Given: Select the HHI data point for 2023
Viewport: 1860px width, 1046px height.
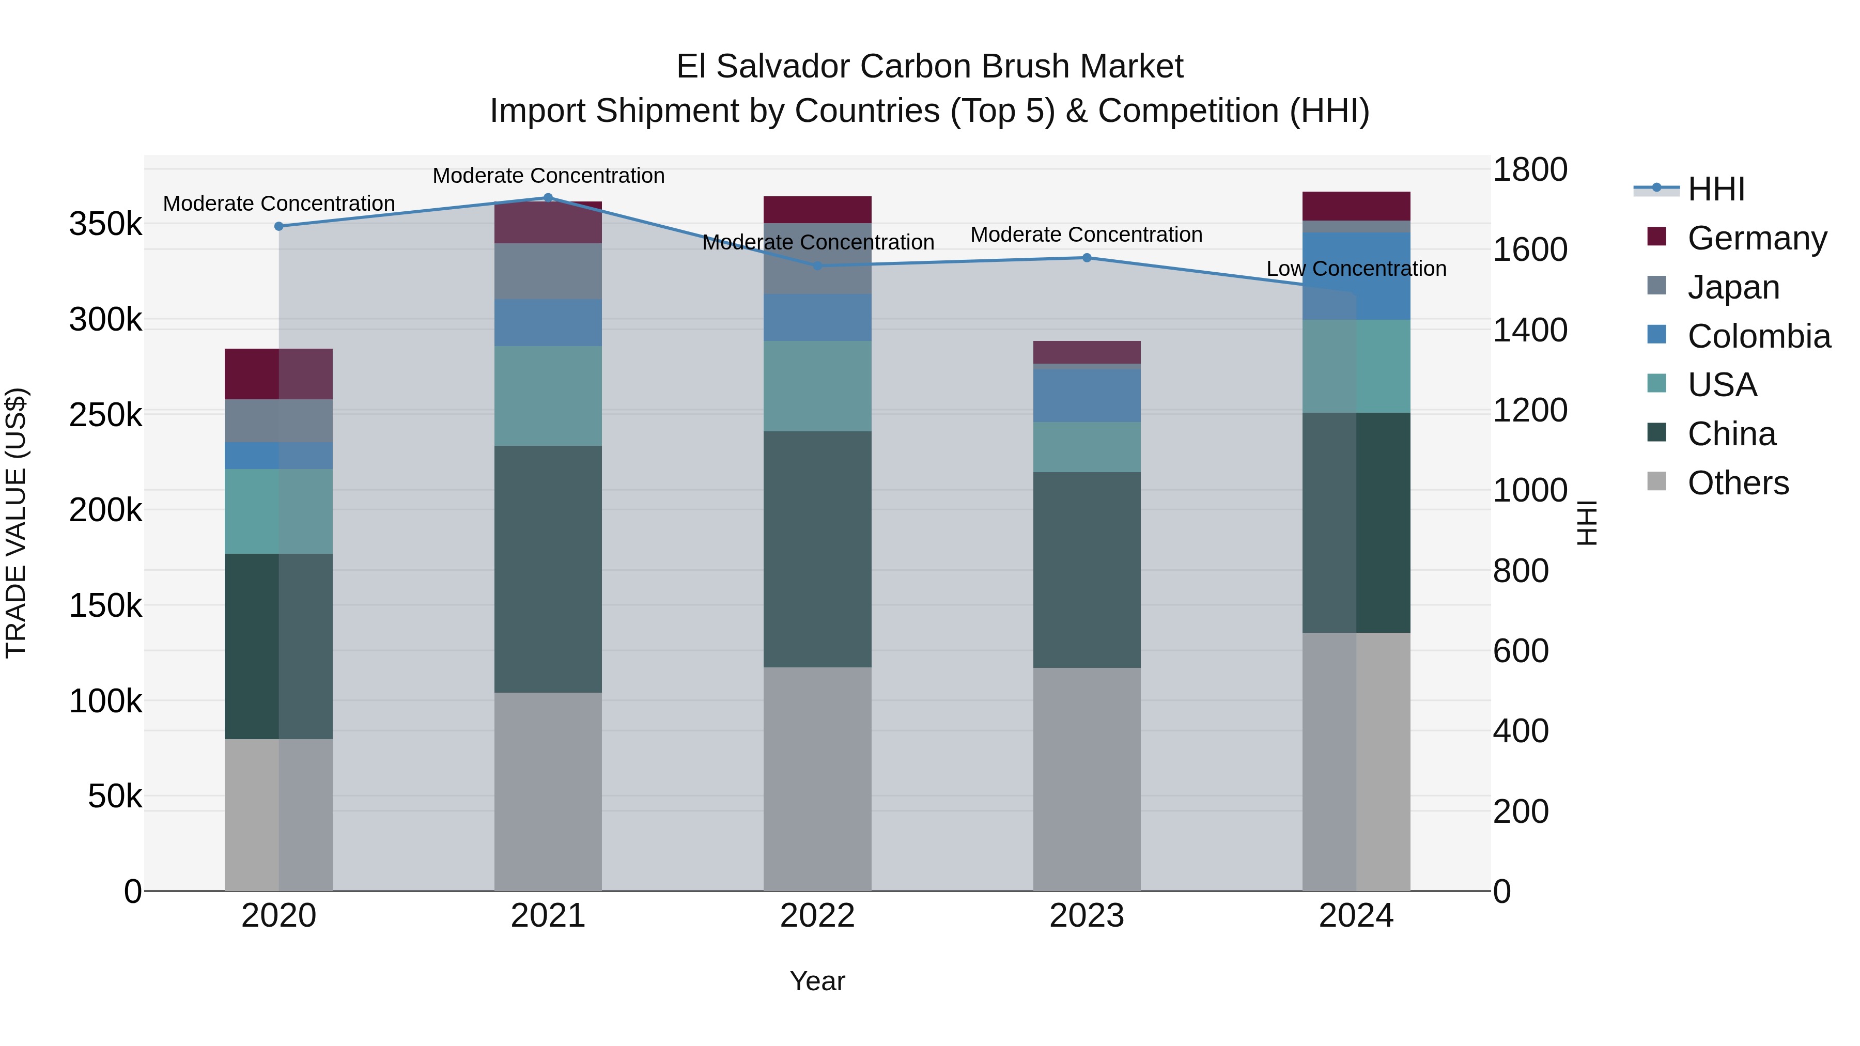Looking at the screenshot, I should coord(1087,258).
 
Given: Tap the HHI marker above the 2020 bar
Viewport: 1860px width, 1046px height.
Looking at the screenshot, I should coord(278,226).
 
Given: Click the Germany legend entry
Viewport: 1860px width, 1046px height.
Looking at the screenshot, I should coord(1756,238).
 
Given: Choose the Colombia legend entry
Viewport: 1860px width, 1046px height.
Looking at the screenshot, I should coord(1758,336).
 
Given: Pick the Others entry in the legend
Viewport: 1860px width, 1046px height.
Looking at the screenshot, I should coord(1737,483).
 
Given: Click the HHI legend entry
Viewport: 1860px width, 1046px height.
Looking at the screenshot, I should coord(1715,189).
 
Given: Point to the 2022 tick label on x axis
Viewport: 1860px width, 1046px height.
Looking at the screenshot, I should coord(817,916).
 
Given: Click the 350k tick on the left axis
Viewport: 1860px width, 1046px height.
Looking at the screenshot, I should coord(105,224).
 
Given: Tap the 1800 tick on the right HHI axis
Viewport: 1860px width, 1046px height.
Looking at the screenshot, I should coord(1529,170).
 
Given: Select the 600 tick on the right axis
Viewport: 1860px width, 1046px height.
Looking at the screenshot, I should coord(1520,651).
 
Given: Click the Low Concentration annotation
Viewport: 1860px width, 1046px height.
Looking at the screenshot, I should coord(1356,269).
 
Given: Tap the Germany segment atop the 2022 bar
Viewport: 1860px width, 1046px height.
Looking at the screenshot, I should coord(817,209).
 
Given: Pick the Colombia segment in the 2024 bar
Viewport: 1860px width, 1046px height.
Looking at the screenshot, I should coord(1356,276).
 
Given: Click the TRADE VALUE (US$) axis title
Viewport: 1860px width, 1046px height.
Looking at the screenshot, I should coord(16,523).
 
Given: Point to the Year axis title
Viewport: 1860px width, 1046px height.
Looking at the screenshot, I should coord(817,981).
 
